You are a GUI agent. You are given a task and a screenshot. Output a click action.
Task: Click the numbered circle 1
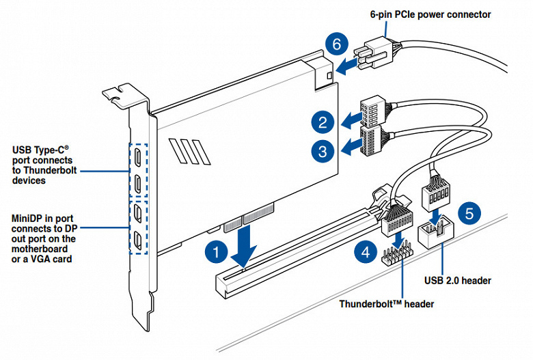pyautogui.click(x=215, y=251)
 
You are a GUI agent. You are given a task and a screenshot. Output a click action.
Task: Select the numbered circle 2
pyautogui.click(x=322, y=123)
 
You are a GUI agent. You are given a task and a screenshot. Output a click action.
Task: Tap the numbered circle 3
pyautogui.click(x=322, y=150)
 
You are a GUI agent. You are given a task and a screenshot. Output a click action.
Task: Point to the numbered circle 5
pyautogui.click(x=467, y=212)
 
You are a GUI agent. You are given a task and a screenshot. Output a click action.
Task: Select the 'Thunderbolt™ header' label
pyautogui.click(x=386, y=303)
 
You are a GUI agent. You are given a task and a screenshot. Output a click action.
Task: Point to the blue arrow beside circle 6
pyautogui.click(x=350, y=64)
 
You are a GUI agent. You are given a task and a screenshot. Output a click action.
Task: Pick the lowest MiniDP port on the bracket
pyautogui.click(x=139, y=239)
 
